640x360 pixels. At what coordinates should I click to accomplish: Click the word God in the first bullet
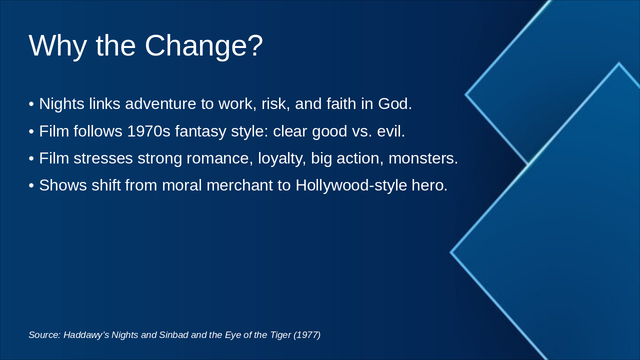tap(395, 103)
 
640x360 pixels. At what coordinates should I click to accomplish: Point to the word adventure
tap(160, 103)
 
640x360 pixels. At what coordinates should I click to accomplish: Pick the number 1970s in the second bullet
tap(148, 131)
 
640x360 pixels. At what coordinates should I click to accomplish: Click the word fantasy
tap(200, 132)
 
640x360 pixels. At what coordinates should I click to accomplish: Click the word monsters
tap(423, 159)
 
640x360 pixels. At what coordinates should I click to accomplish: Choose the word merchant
tap(239, 185)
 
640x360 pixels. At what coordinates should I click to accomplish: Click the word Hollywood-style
tap(351, 186)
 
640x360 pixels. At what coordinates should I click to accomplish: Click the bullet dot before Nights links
tap(31, 104)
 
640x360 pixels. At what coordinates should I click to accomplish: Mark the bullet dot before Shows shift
tap(31, 185)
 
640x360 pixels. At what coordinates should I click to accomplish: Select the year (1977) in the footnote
tap(307, 335)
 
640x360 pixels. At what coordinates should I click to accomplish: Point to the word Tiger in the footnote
tap(280, 335)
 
